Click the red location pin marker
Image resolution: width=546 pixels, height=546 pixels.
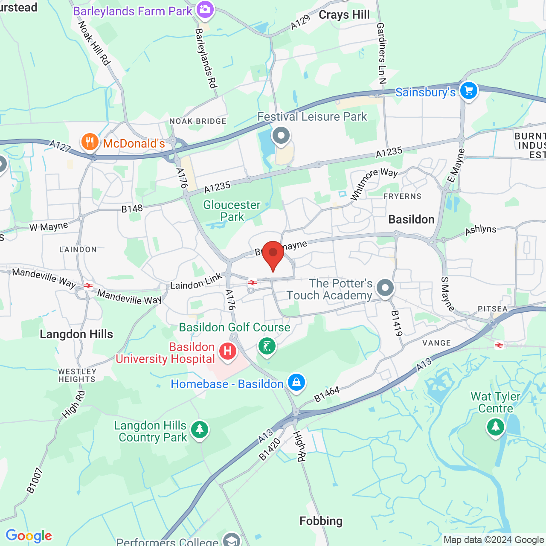pos(273,254)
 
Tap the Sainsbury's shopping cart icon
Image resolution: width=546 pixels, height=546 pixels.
pos(468,91)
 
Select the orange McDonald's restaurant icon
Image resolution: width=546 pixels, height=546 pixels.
pos(90,142)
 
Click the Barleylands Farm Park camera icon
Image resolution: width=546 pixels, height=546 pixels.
pos(205,10)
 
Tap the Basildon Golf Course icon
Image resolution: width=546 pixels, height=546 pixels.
pos(267,346)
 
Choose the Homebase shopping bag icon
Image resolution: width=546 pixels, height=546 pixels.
pos(296,382)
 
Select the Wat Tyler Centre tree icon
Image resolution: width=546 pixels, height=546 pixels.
pos(495,427)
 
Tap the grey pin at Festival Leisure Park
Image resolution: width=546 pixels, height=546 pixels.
pos(281,136)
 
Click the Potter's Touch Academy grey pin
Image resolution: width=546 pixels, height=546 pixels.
pos(385,288)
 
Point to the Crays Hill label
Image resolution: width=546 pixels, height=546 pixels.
pos(344,15)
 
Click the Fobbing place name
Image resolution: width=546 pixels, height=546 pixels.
pos(321,521)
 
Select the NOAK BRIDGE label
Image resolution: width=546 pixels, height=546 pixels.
pos(198,121)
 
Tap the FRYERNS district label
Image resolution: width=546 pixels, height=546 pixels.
pos(402,196)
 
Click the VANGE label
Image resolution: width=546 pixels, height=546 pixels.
pos(436,343)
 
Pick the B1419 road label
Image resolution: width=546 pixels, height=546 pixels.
pos(397,323)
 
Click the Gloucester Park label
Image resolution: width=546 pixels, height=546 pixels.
pos(232,211)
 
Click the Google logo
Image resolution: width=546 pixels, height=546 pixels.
pos(29,536)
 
